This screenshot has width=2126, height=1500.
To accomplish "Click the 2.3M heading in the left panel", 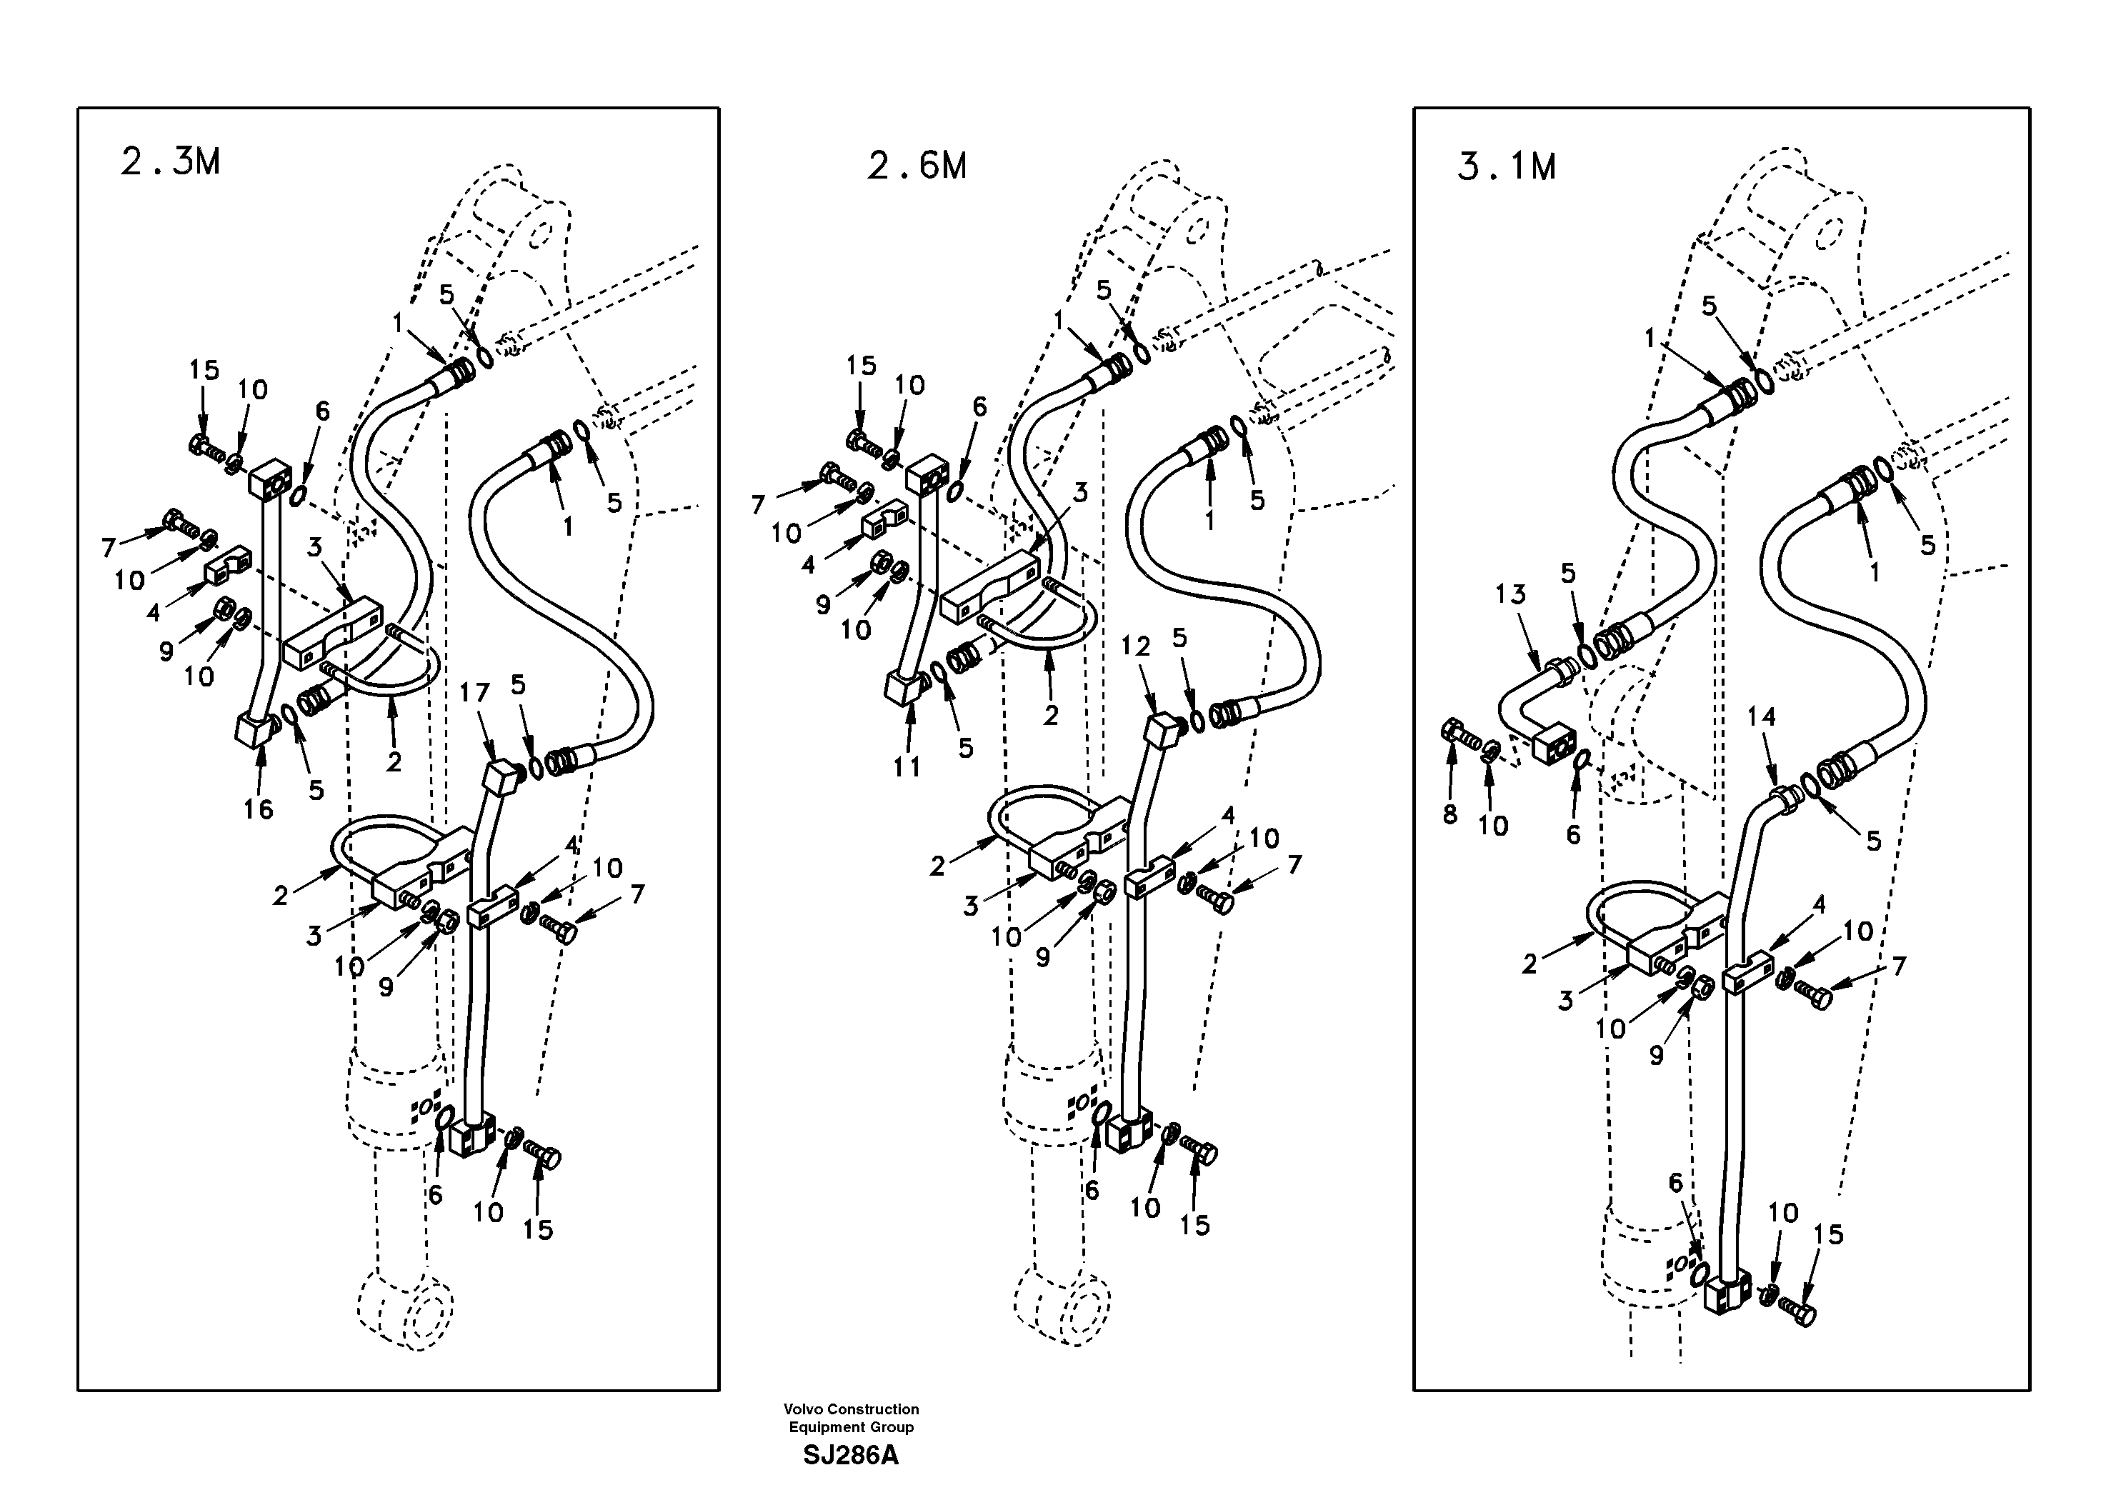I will click(170, 162).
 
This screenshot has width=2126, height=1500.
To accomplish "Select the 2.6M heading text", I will click(917, 166).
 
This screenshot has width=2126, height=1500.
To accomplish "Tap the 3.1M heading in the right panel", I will click(1507, 166).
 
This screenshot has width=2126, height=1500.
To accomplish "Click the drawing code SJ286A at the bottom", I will click(850, 1456).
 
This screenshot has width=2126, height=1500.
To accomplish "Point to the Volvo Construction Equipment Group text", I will click(850, 1418).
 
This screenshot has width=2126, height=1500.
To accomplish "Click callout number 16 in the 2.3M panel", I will click(259, 809).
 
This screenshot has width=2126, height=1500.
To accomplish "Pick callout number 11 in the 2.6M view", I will click(907, 766).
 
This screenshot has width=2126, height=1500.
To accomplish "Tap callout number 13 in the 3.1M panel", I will click(1510, 594).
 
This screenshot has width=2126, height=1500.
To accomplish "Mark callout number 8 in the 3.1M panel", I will click(1450, 814).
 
